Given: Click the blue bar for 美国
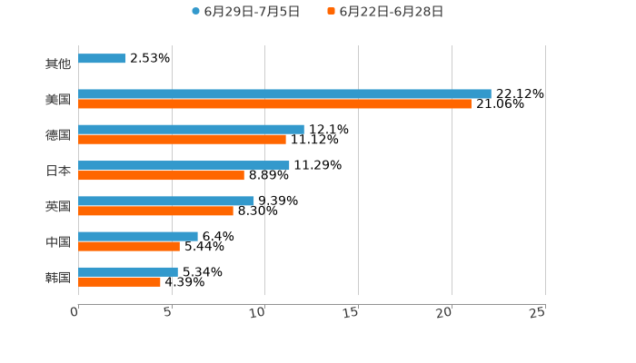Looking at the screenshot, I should point(284,93).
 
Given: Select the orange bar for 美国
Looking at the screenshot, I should point(274,103).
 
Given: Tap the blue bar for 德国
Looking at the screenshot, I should point(191,129).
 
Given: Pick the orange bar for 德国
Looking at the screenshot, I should point(182,139).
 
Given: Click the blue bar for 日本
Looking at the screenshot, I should point(184,165).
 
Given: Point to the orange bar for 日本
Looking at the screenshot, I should point(161,175).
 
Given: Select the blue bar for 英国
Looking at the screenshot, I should point(166,201).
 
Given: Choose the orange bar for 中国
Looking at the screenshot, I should point(129,246).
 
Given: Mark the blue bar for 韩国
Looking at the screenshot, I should point(128,271).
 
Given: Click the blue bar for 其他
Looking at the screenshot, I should point(102,58).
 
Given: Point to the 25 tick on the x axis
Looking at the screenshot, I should point(538,312).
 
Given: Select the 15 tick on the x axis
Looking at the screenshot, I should point(352,312).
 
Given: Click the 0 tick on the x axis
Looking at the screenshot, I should point(75,312).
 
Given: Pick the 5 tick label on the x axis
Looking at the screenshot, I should point(168,312).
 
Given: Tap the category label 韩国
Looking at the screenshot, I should point(58,277).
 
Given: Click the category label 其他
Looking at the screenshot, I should point(58,64).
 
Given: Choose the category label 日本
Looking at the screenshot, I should point(58,171).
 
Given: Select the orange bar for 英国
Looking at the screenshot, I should point(155,211).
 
